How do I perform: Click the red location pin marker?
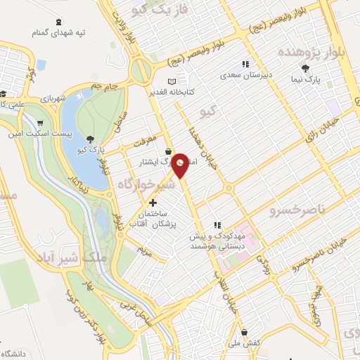click(181, 166)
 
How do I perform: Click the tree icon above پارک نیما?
click(304, 68)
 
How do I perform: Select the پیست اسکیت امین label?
click(39, 131)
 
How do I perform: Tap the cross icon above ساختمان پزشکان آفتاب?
click(153, 202)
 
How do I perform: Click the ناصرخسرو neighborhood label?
click(297, 209)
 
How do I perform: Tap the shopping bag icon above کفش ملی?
click(243, 332)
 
